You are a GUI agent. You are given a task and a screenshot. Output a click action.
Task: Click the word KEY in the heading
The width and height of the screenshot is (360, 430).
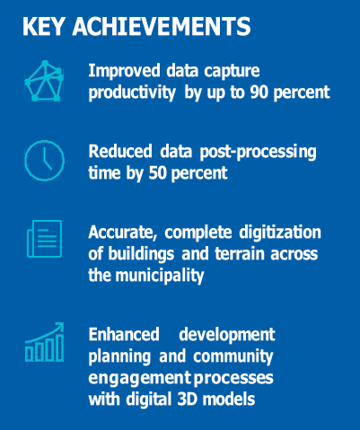tap(43, 26)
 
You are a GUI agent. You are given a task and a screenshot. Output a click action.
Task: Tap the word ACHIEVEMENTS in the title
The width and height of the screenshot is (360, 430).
tap(161, 26)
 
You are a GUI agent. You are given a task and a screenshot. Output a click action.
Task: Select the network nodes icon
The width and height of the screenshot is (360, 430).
tap(44, 81)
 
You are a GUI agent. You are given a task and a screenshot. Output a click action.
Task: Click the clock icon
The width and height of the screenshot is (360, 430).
tap(44, 161)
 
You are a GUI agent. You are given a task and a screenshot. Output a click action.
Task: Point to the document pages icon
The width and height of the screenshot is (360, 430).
tap(44, 239)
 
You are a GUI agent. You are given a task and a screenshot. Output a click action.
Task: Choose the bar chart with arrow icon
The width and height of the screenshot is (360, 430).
tap(44, 342)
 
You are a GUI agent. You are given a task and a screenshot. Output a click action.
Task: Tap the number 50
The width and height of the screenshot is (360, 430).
tap(158, 173)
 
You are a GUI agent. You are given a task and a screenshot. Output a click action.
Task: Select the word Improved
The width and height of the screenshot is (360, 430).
tap(124, 71)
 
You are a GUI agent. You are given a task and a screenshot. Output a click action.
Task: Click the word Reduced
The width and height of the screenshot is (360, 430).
tap(120, 151)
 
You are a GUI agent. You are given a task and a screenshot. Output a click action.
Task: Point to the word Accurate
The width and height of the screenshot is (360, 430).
tap(123, 233)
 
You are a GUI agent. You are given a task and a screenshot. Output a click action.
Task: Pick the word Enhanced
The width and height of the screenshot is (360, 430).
tap(124, 334)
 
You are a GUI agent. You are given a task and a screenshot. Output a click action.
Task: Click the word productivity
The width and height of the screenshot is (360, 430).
tap(132, 92)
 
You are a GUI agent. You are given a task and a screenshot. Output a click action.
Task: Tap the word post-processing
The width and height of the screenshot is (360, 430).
tap(258, 152)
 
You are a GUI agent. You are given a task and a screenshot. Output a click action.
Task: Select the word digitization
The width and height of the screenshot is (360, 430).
tap(280, 233)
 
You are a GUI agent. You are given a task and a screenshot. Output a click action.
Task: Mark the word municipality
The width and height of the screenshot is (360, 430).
tap(160, 276)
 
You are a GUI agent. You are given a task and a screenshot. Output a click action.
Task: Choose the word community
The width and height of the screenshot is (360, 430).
tap(233, 356)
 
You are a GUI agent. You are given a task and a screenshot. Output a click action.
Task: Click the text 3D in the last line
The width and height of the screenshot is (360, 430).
tap(187, 399)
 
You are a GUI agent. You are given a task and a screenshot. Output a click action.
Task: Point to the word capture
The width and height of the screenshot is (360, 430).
tap(232, 72)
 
